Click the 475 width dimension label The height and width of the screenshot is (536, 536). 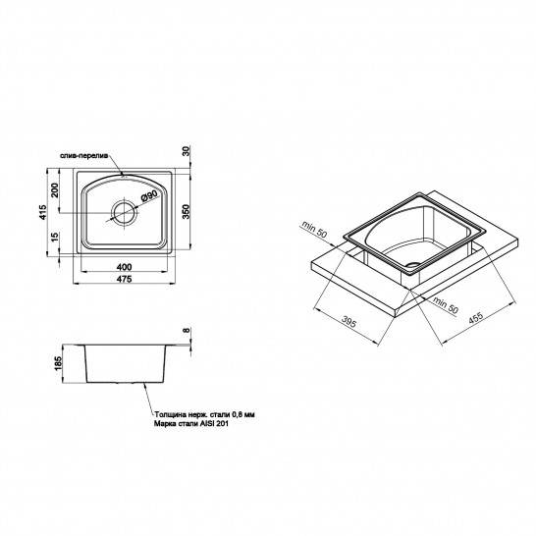pyautogui.click(x=124, y=279)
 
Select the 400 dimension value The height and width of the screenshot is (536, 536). pyautogui.click(x=124, y=267)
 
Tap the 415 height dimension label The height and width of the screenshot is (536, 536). pyautogui.click(x=42, y=212)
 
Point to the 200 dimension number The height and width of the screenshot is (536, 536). pyautogui.click(x=55, y=190)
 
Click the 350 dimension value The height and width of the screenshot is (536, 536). pyautogui.click(x=186, y=212)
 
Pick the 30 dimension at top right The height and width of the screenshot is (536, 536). pyautogui.click(x=186, y=151)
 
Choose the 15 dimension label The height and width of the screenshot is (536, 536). pyautogui.click(x=55, y=237)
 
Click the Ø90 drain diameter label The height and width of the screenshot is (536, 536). pyautogui.click(x=149, y=196)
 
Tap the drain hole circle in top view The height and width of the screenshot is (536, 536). pyautogui.click(x=125, y=213)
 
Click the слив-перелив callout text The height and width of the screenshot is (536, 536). pyautogui.click(x=84, y=155)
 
